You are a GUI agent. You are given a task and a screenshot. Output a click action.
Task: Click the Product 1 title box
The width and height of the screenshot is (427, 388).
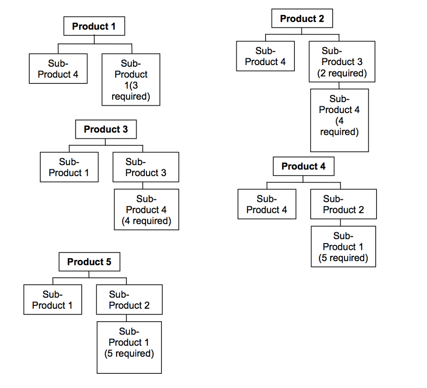pyautogui.click(x=94, y=26)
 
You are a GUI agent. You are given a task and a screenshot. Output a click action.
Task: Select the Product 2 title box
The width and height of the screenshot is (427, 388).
pyautogui.click(x=302, y=19)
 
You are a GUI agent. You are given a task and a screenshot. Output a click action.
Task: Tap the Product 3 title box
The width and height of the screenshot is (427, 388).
pyautogui.click(x=105, y=129)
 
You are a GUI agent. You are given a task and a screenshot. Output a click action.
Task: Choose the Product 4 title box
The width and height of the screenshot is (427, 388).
pyautogui.click(x=304, y=166)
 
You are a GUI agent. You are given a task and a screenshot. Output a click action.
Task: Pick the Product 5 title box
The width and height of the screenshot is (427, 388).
pyautogui.click(x=89, y=262)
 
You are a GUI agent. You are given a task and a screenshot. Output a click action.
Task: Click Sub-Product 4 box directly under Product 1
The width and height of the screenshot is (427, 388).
pyautogui.click(x=58, y=69)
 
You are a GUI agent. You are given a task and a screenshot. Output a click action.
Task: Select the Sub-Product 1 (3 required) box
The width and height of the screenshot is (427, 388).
pyautogui.click(x=131, y=80)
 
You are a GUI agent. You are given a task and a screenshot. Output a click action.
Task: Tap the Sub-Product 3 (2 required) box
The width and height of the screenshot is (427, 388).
pyautogui.click(x=342, y=62)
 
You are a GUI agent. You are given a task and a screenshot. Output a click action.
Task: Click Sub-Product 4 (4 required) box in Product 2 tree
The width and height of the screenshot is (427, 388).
pyautogui.click(x=339, y=120)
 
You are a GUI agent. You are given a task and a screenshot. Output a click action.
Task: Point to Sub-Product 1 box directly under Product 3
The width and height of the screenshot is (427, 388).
pyautogui.click(x=69, y=167)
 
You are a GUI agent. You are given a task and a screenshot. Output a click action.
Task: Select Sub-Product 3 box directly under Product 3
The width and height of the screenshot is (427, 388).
pyautogui.click(x=146, y=167)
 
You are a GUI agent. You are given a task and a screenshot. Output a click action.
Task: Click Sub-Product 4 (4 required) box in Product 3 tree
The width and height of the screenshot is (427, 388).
pyautogui.click(x=146, y=209)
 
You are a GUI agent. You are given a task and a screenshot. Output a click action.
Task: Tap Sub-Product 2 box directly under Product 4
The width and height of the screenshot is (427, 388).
pyautogui.click(x=343, y=204)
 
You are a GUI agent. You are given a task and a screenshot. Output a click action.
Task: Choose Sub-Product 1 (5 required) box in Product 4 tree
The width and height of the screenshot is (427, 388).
pyautogui.click(x=343, y=246)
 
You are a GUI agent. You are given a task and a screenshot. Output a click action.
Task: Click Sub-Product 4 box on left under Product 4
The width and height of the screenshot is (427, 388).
pyautogui.click(x=267, y=204)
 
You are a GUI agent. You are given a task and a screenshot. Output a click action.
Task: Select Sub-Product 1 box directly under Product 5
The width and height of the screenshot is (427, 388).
pyautogui.click(x=53, y=300)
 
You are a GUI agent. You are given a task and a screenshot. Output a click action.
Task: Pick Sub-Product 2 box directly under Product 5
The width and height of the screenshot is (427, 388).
pyautogui.click(x=129, y=300)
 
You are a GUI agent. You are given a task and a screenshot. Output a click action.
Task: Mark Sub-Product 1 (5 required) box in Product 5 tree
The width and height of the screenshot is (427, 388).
pyautogui.click(x=129, y=347)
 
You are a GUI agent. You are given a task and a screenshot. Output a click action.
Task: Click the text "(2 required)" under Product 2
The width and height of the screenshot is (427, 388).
pyautogui.click(x=342, y=73)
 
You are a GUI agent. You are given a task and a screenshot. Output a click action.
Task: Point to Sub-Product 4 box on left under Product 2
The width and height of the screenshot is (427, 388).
pyautogui.click(x=265, y=56)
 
